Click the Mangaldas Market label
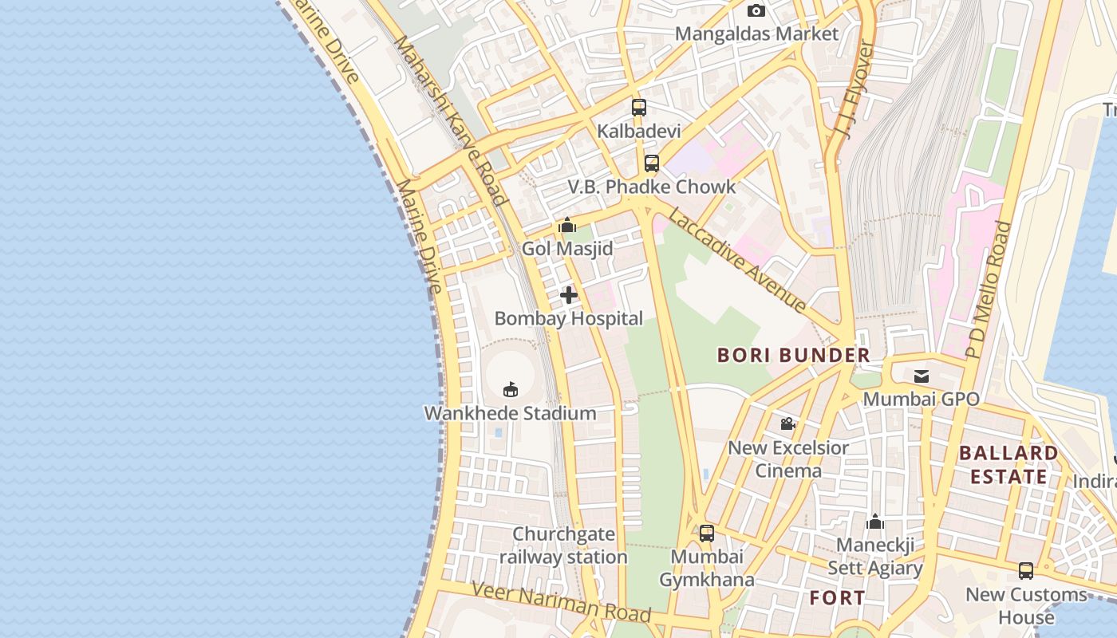[x=756, y=33]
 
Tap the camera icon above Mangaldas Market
[x=756, y=10]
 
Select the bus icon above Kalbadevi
[x=638, y=107]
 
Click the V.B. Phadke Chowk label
[x=651, y=187]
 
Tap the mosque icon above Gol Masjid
[x=567, y=226]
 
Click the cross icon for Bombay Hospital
[x=568, y=296]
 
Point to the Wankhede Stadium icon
[x=511, y=389]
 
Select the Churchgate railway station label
[x=563, y=545]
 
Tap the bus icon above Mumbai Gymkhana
[x=706, y=533]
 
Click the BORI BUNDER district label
[x=793, y=356]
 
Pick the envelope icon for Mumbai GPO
[x=921, y=375]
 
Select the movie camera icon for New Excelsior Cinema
[x=787, y=424]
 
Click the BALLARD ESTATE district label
[x=1008, y=465]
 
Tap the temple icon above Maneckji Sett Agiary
[x=875, y=522]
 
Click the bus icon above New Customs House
[x=1026, y=571]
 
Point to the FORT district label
[x=836, y=597]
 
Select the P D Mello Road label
[x=988, y=289]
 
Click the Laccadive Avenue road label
[x=738, y=260]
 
